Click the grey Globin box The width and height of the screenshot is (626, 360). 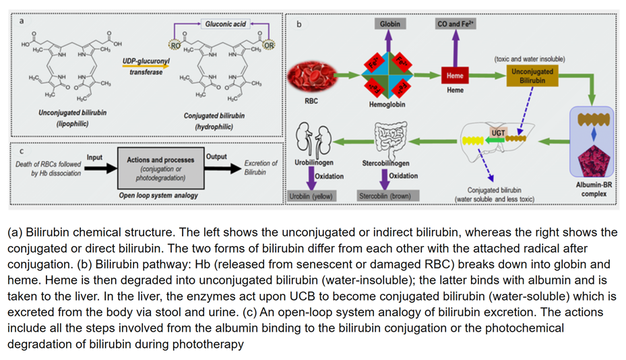(x=389, y=24)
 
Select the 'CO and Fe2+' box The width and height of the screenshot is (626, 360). (x=456, y=24)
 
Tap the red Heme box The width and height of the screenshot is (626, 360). (x=455, y=76)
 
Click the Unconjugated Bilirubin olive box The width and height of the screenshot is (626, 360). (x=532, y=76)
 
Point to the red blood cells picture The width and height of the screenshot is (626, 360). (x=312, y=77)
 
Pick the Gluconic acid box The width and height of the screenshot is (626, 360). (x=225, y=24)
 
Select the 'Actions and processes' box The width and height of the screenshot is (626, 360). (x=160, y=169)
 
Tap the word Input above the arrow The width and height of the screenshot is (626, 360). (x=94, y=158)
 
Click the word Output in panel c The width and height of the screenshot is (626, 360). (x=216, y=156)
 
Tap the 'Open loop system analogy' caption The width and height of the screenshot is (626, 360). (x=158, y=196)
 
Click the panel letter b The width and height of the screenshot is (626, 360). (x=299, y=24)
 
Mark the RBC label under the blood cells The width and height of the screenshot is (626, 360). (x=311, y=102)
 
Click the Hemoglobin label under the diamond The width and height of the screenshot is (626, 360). (x=387, y=106)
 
